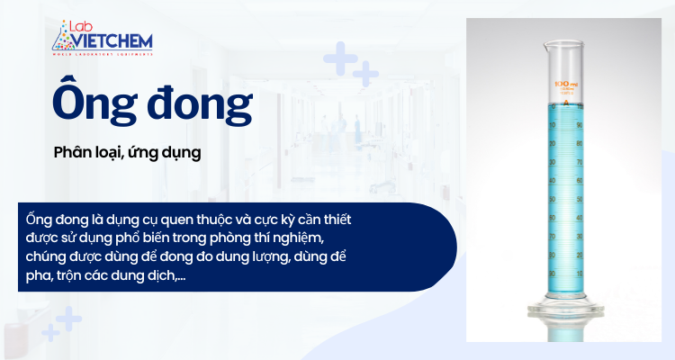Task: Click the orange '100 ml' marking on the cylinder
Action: click(567, 85)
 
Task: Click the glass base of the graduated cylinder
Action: click(567, 315)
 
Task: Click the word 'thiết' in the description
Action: click(343, 220)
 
